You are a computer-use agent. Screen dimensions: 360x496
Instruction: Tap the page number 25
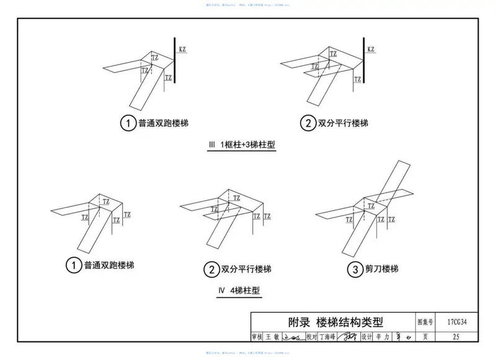[456, 336]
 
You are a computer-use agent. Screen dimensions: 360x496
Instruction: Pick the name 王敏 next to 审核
[272, 336]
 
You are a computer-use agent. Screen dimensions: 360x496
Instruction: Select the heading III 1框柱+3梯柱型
[241, 145]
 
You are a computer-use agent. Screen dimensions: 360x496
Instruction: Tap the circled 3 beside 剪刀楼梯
[354, 270]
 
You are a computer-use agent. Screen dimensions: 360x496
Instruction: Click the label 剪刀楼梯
[381, 270]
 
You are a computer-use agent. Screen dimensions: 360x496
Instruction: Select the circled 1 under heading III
[126, 124]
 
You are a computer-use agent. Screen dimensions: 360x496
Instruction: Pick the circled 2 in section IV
[211, 270]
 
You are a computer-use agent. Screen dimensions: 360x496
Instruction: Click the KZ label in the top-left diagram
[182, 49]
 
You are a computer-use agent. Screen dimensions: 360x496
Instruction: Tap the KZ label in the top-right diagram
[371, 49]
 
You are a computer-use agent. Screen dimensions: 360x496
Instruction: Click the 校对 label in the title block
[311, 336]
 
